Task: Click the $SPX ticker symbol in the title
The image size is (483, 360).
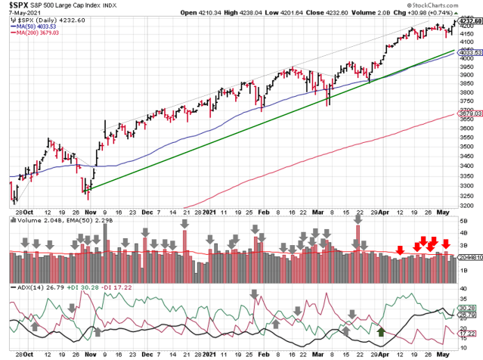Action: (x=15, y=5)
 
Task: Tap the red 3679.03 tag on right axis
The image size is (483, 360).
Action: (x=470, y=113)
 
